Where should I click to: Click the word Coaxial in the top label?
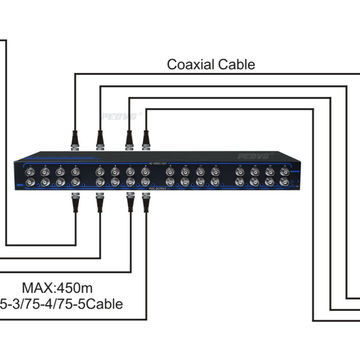tap(193, 65)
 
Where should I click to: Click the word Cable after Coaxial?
tap(237, 65)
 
